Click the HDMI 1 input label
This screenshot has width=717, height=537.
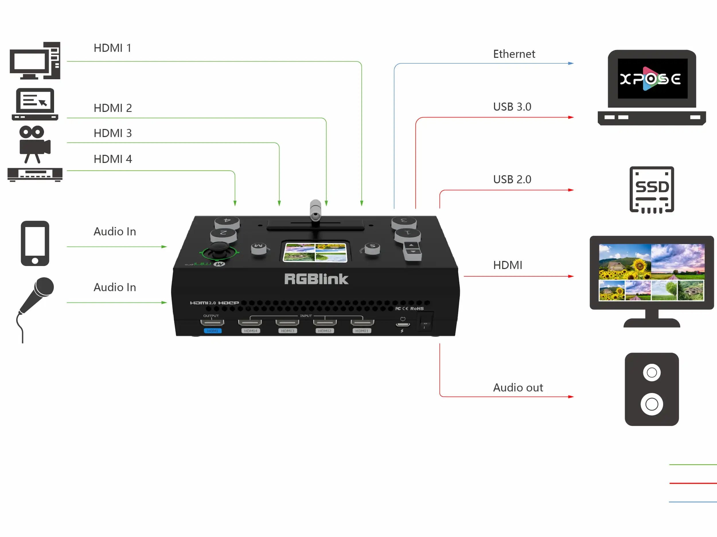pyautogui.click(x=112, y=48)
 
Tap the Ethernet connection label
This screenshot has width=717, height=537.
pyautogui.click(x=514, y=54)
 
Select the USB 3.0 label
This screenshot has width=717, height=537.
pyautogui.click(x=512, y=107)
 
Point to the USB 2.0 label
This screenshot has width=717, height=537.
pyautogui.click(x=512, y=179)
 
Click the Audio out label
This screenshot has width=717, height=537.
pyautogui.click(x=518, y=388)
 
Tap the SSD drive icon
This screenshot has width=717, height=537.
pyautogui.click(x=652, y=190)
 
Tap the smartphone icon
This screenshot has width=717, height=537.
pyautogui.click(x=35, y=244)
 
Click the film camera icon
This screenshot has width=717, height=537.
pyautogui.click(x=34, y=144)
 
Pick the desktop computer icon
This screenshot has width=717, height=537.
pyautogui.click(x=35, y=61)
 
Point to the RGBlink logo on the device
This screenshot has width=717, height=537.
pyautogui.click(x=316, y=279)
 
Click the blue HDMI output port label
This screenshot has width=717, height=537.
pyautogui.click(x=213, y=331)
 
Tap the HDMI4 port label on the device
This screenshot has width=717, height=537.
pyautogui.click(x=251, y=331)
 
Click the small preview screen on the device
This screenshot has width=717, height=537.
pyautogui.click(x=315, y=252)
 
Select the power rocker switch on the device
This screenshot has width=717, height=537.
pyautogui.click(x=425, y=321)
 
